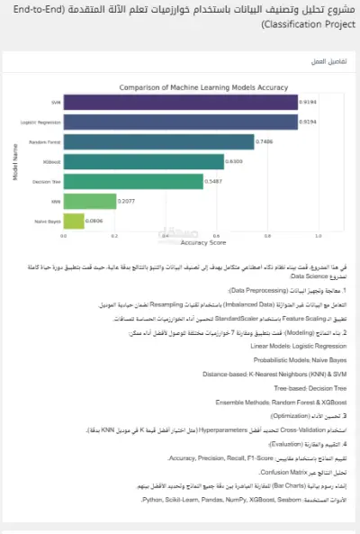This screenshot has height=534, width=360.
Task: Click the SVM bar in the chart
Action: [180, 103]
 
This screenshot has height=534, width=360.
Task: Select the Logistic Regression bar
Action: [180, 122]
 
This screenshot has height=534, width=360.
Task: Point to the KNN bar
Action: [89, 201]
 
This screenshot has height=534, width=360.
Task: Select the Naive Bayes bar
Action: [73, 220]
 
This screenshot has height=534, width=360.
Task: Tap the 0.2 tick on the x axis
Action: [114, 235]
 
